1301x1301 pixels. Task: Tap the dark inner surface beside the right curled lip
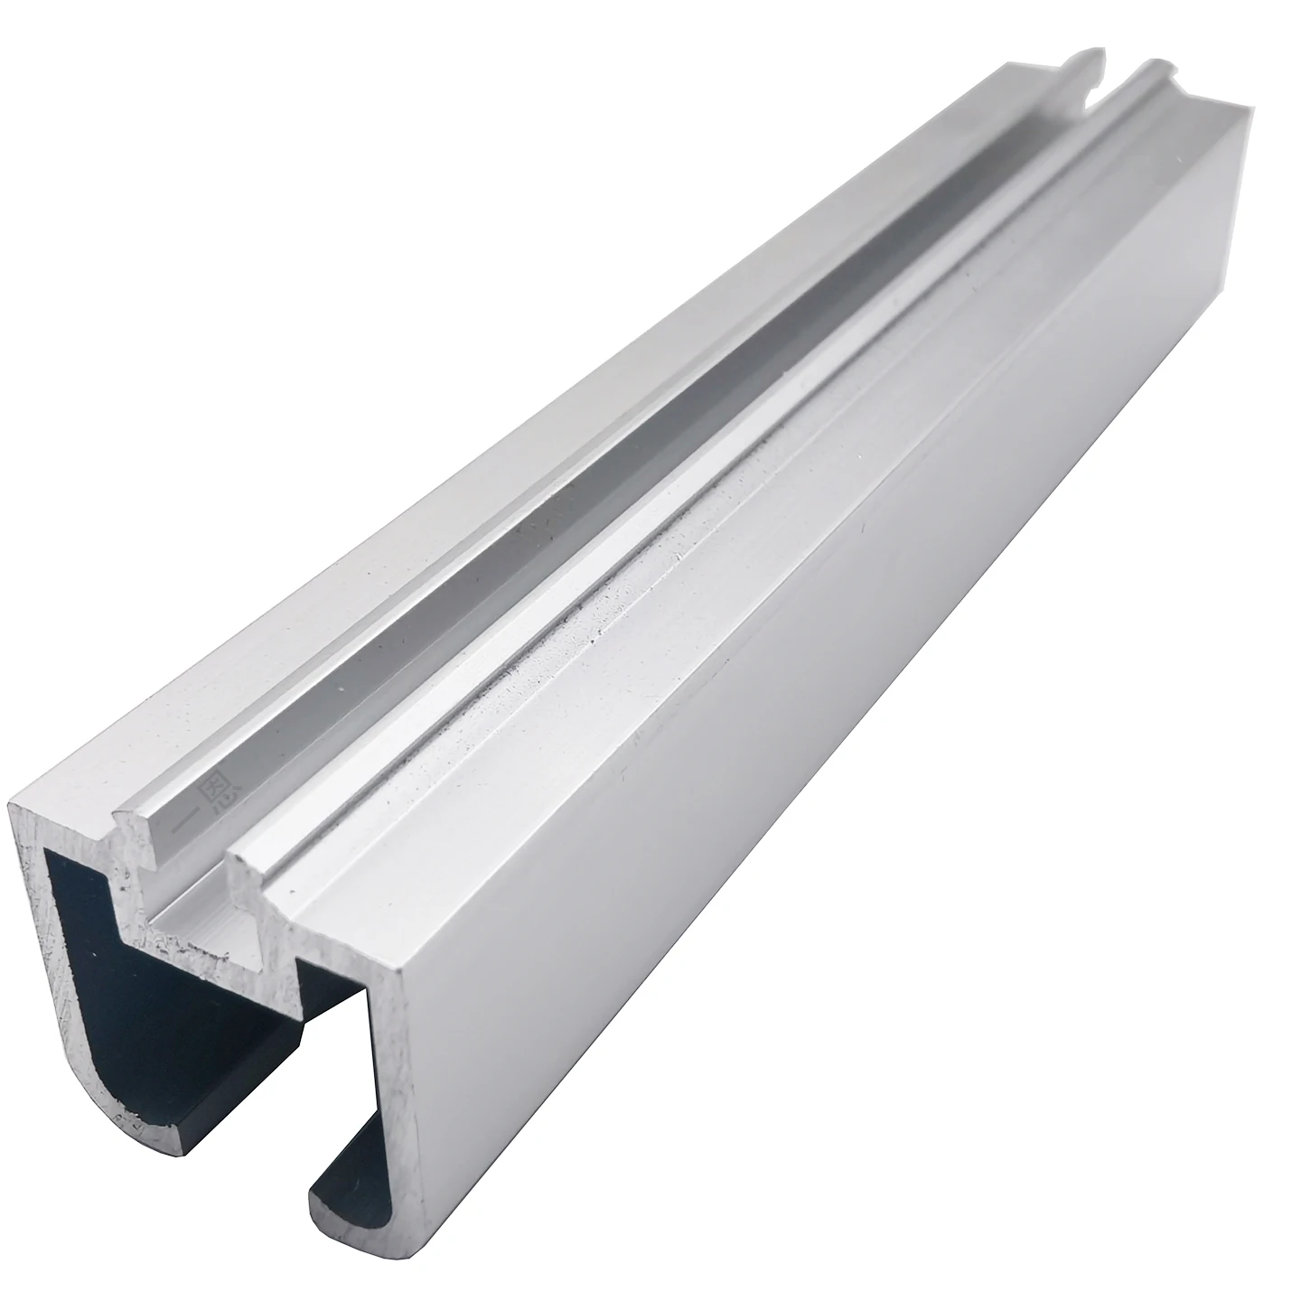point(352,1129)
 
